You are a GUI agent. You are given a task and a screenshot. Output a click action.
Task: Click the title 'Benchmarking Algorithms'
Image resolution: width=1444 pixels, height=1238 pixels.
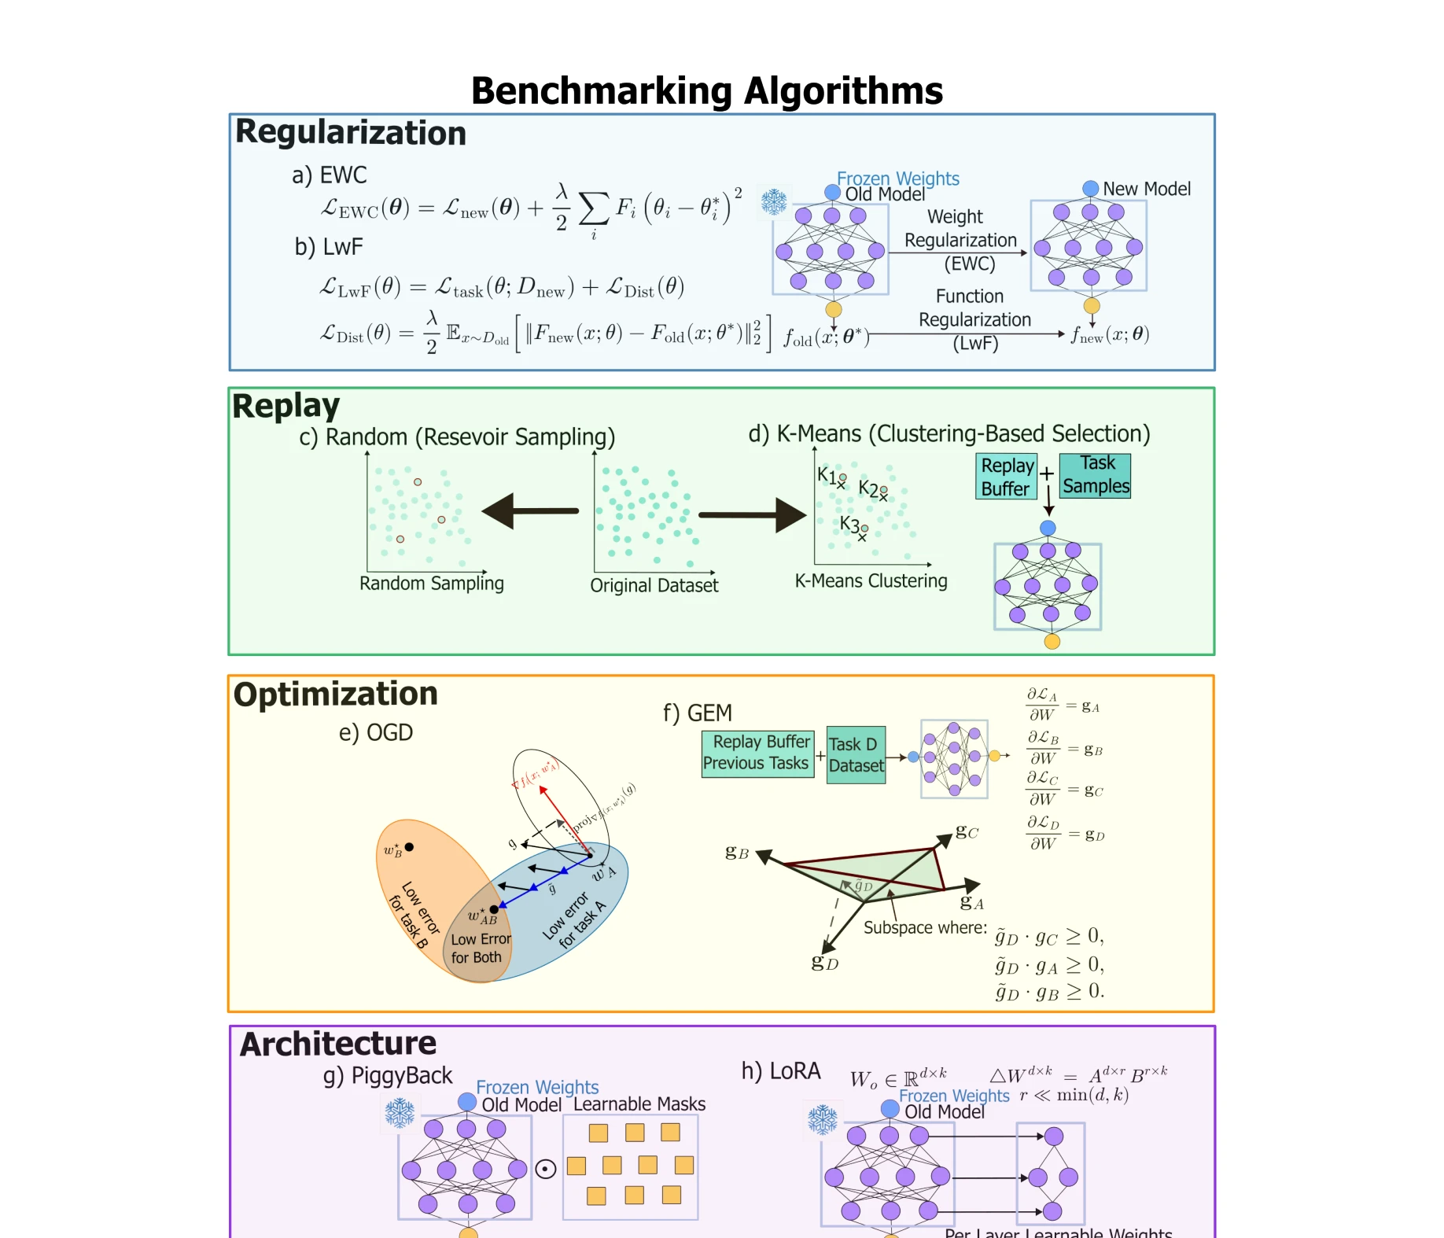[706, 90]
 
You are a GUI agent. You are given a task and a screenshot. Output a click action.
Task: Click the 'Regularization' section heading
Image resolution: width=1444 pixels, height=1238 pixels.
[351, 132]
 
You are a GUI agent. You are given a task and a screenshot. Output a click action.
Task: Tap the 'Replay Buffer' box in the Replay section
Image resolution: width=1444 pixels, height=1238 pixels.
[1006, 477]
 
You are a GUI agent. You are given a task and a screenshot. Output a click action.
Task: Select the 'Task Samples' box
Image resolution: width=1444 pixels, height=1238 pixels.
[1095, 475]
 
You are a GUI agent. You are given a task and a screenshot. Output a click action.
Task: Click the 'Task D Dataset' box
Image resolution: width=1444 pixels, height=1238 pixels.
[856, 755]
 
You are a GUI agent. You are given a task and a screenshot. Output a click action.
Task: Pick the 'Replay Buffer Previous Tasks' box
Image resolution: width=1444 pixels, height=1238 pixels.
[757, 753]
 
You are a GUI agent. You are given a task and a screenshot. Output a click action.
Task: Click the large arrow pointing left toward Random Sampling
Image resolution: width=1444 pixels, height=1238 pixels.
[530, 511]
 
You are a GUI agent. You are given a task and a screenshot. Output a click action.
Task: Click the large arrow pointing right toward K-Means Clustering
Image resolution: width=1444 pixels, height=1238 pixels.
[752, 515]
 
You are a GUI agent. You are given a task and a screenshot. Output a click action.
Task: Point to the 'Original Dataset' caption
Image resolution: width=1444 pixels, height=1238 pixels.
[654, 586]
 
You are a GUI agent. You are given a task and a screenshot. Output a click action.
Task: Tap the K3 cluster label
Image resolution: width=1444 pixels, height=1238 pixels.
[849, 524]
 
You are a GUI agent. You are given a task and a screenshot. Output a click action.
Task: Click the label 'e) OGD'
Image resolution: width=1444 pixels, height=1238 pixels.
[375, 733]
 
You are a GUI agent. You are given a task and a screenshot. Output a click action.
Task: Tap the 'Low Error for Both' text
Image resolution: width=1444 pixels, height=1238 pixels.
[481, 948]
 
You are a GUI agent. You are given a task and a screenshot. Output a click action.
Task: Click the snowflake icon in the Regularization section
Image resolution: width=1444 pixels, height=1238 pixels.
[774, 202]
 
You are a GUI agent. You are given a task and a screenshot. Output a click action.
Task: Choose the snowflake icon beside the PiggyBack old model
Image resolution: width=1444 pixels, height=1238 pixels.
[400, 1113]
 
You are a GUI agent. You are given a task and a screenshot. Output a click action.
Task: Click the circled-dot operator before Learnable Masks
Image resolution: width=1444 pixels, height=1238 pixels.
[546, 1169]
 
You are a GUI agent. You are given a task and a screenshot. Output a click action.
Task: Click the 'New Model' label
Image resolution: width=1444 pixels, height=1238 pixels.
[1146, 189]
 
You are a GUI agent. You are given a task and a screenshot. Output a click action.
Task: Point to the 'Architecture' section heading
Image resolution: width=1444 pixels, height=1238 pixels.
[337, 1044]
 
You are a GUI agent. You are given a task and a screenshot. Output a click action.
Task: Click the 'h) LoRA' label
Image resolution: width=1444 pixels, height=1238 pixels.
[780, 1071]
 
